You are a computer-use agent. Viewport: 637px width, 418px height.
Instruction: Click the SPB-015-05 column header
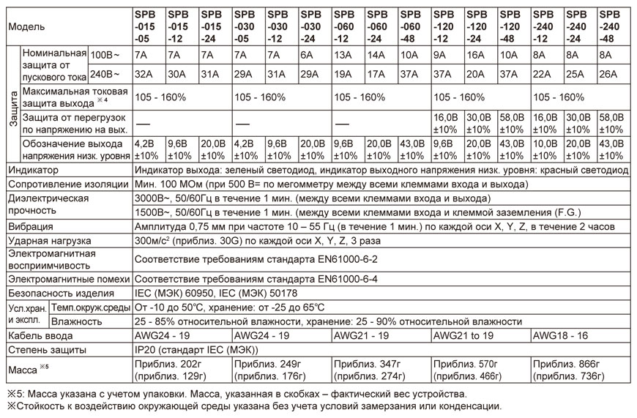(x=149, y=26)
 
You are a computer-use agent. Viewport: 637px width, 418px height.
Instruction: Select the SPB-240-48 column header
(x=614, y=26)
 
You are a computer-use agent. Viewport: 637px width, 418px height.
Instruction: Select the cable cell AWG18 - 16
(x=565, y=335)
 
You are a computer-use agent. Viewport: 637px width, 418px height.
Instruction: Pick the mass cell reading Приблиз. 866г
(x=567, y=364)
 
